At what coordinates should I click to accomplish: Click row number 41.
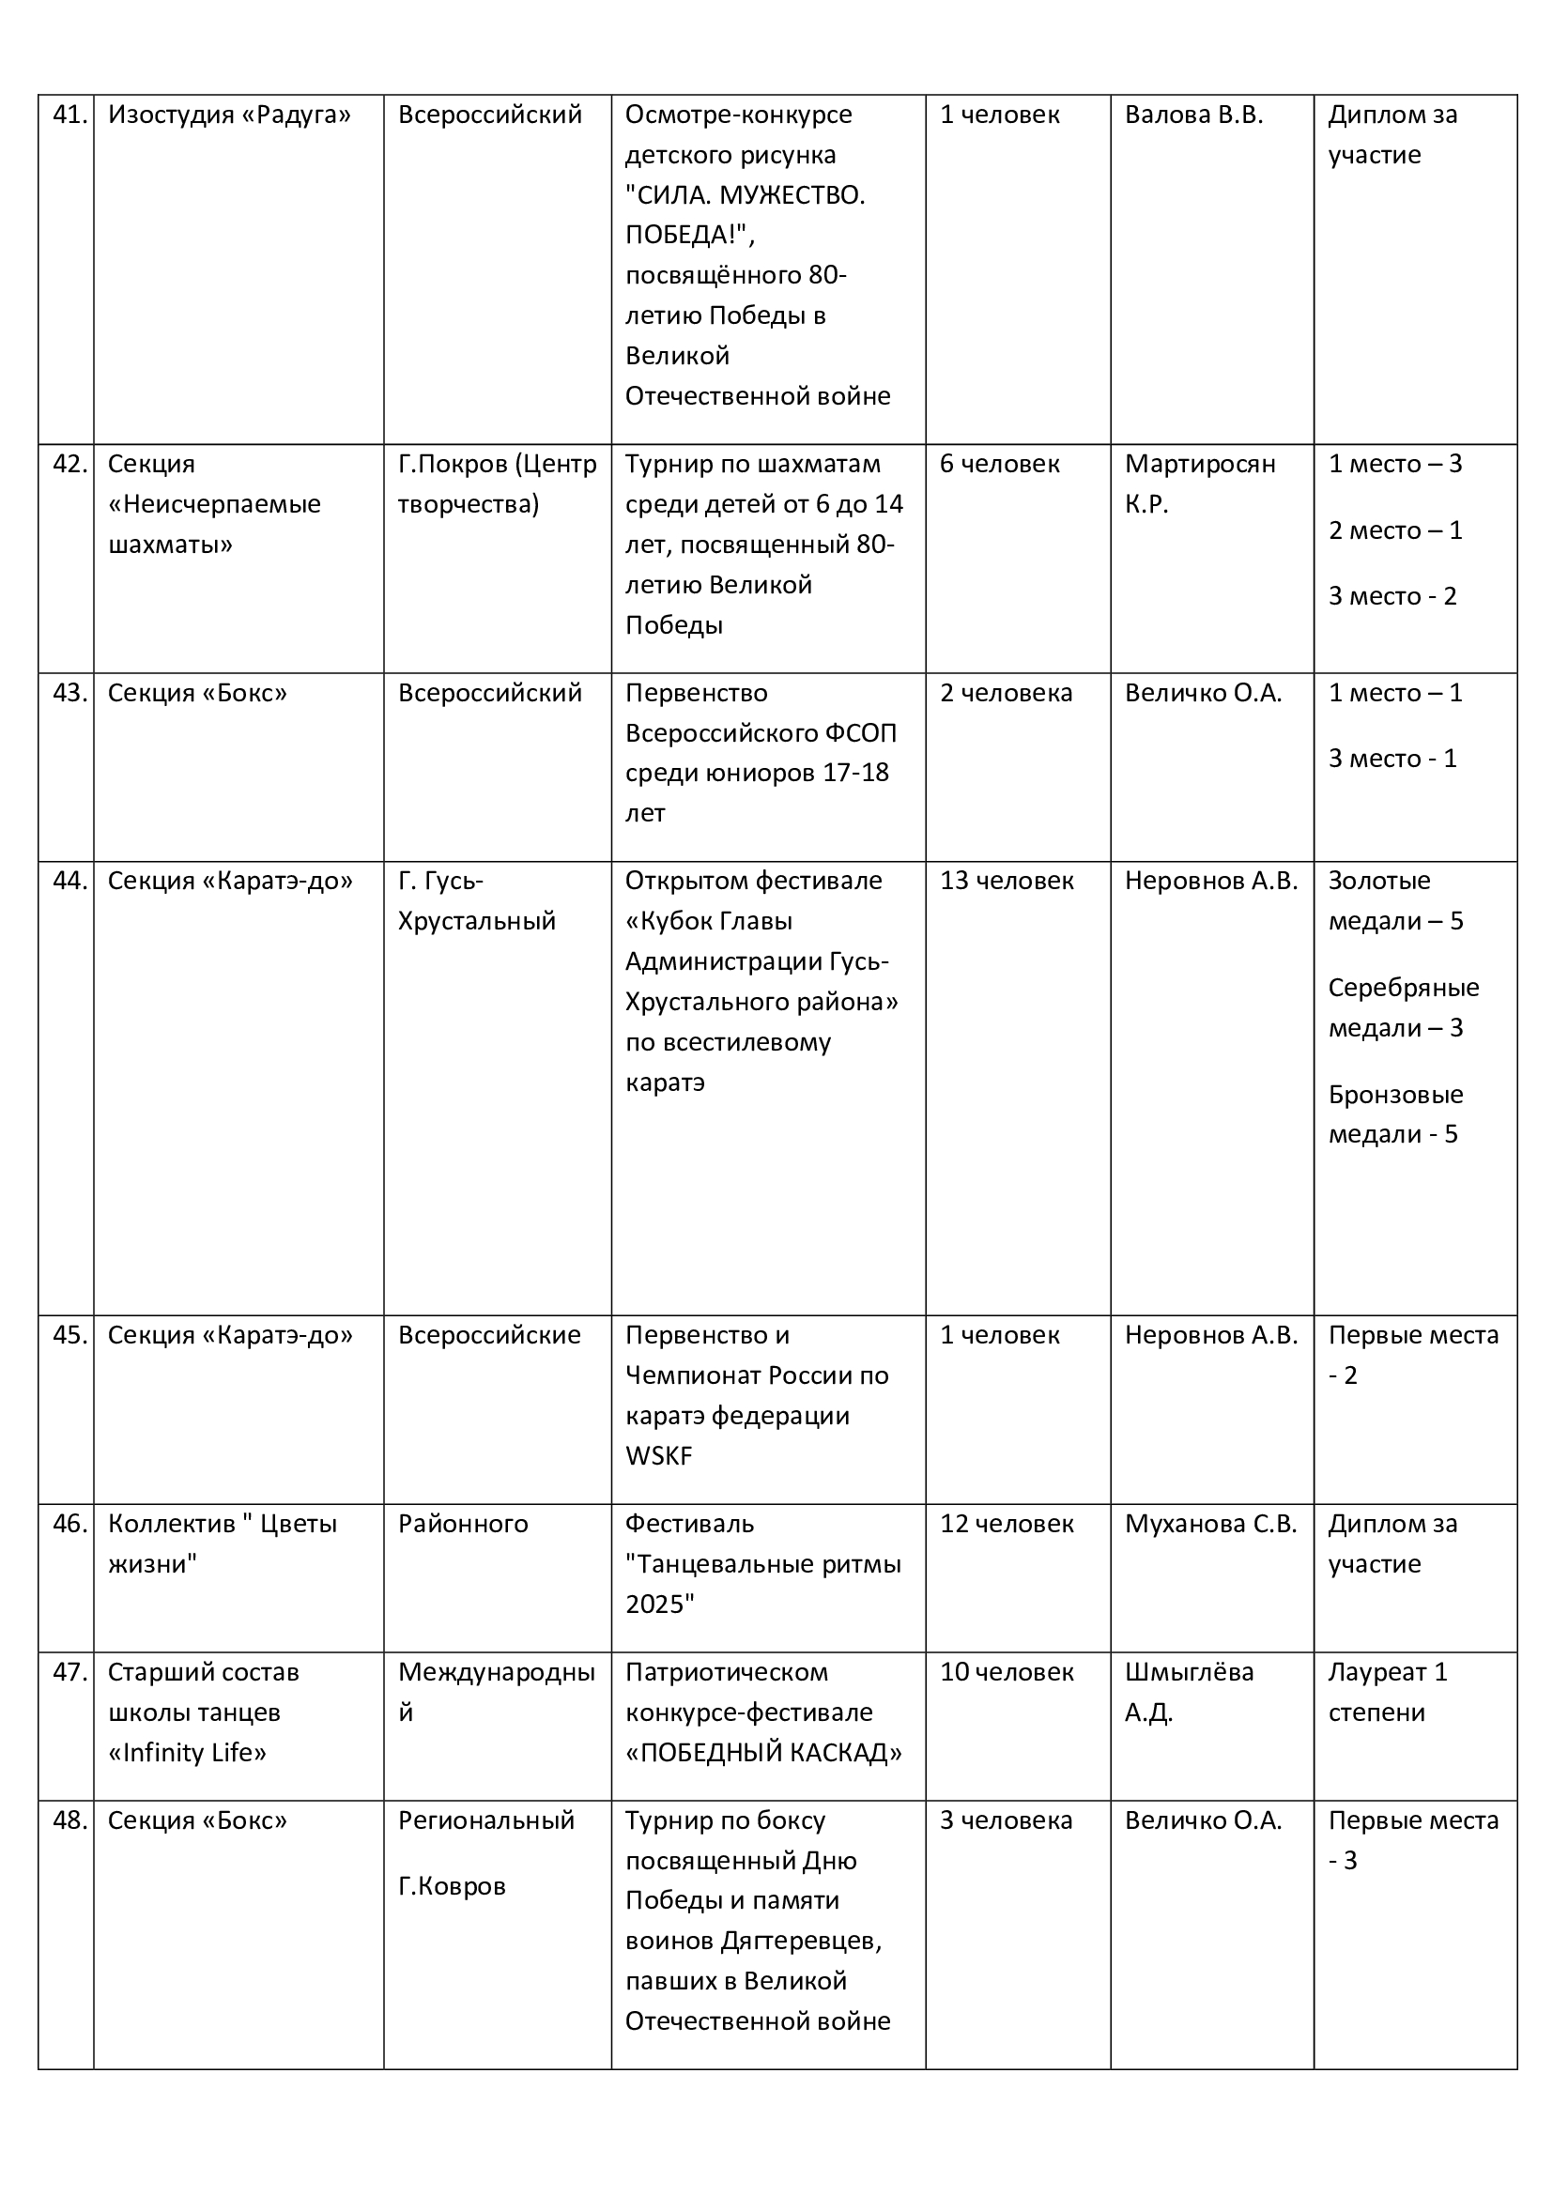tap(69, 115)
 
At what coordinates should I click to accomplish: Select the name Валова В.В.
tap(1193, 115)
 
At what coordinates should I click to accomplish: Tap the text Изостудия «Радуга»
tap(228, 115)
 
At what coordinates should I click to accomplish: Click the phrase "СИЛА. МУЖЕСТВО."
tap(744, 195)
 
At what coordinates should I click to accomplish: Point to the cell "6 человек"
tap(999, 464)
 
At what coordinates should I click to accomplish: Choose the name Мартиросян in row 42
tap(1199, 464)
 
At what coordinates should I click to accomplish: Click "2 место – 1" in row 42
tap(1395, 530)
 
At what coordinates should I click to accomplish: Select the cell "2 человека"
tap(1006, 693)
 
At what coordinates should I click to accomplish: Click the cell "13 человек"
tap(1006, 881)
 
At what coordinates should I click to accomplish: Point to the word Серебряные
tap(1403, 987)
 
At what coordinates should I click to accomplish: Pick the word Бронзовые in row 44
tap(1395, 1094)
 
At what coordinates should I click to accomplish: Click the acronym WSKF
tap(658, 1456)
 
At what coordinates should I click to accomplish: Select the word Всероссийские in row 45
tap(488, 1335)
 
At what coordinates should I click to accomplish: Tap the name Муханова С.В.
tap(1210, 1524)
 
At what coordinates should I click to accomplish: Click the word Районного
tap(463, 1524)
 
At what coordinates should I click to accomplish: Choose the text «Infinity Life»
tap(188, 1752)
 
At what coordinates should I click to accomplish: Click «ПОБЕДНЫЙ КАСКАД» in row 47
tap(763, 1752)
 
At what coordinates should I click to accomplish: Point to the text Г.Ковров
tap(452, 1886)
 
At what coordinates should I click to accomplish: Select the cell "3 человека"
tap(1006, 1820)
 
